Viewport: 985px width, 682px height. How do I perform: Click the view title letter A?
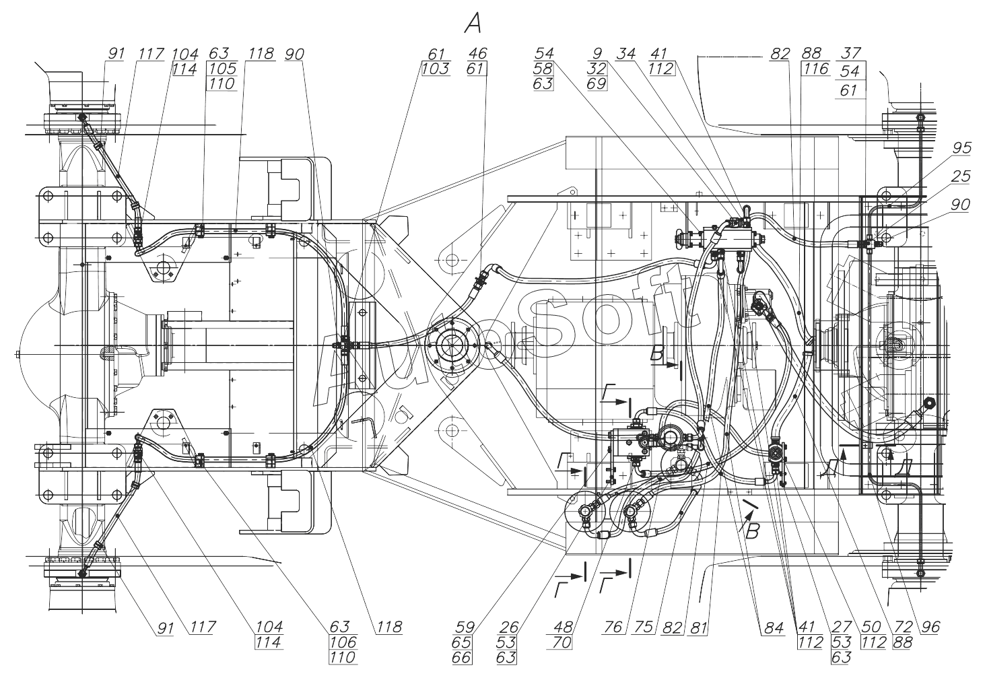click(x=473, y=24)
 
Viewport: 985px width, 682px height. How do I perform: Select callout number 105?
click(x=222, y=69)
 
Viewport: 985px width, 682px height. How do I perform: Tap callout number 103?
click(x=436, y=69)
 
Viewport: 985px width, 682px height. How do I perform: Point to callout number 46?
click(x=477, y=54)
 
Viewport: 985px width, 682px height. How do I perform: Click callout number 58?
click(x=543, y=69)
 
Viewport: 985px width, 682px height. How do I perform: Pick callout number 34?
click(x=625, y=54)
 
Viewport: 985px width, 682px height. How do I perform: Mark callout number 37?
click(x=851, y=53)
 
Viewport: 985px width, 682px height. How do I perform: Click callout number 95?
click(x=961, y=147)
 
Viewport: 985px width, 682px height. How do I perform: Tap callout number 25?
click(x=961, y=176)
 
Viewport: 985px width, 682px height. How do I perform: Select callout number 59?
click(x=465, y=627)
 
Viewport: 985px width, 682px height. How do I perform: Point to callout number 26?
click(x=509, y=627)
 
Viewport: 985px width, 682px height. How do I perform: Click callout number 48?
click(x=564, y=627)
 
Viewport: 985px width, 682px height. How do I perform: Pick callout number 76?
click(x=613, y=627)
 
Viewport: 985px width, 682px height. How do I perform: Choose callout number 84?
click(x=774, y=627)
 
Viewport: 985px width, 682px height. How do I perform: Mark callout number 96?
click(x=930, y=627)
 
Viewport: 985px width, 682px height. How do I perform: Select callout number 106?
click(x=343, y=642)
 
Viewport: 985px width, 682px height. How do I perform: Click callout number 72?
click(x=903, y=627)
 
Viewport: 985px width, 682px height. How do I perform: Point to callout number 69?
click(x=597, y=83)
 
